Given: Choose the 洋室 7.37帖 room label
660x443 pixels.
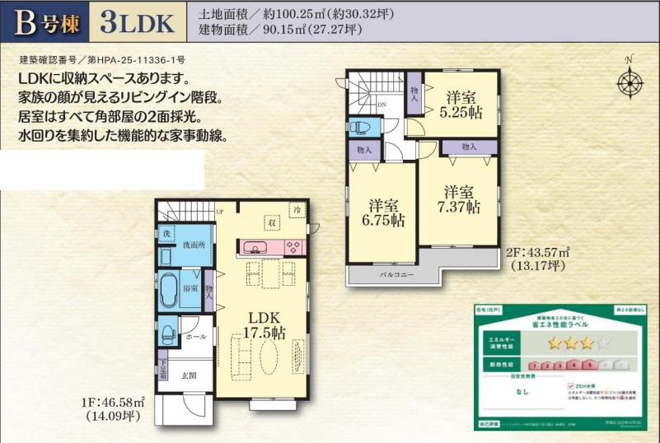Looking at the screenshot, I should [459, 198].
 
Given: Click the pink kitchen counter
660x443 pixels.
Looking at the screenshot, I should [270, 246].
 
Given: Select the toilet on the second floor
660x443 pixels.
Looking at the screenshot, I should [359, 128].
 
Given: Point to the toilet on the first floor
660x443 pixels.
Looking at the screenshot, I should [167, 332].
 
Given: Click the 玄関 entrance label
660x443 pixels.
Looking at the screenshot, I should [190, 375].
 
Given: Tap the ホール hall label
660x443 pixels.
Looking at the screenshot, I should [195, 336].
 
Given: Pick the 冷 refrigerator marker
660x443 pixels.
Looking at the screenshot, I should [295, 211].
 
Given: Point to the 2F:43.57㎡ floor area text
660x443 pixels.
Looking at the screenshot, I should [541, 253].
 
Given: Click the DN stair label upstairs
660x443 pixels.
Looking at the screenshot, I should [381, 105].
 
